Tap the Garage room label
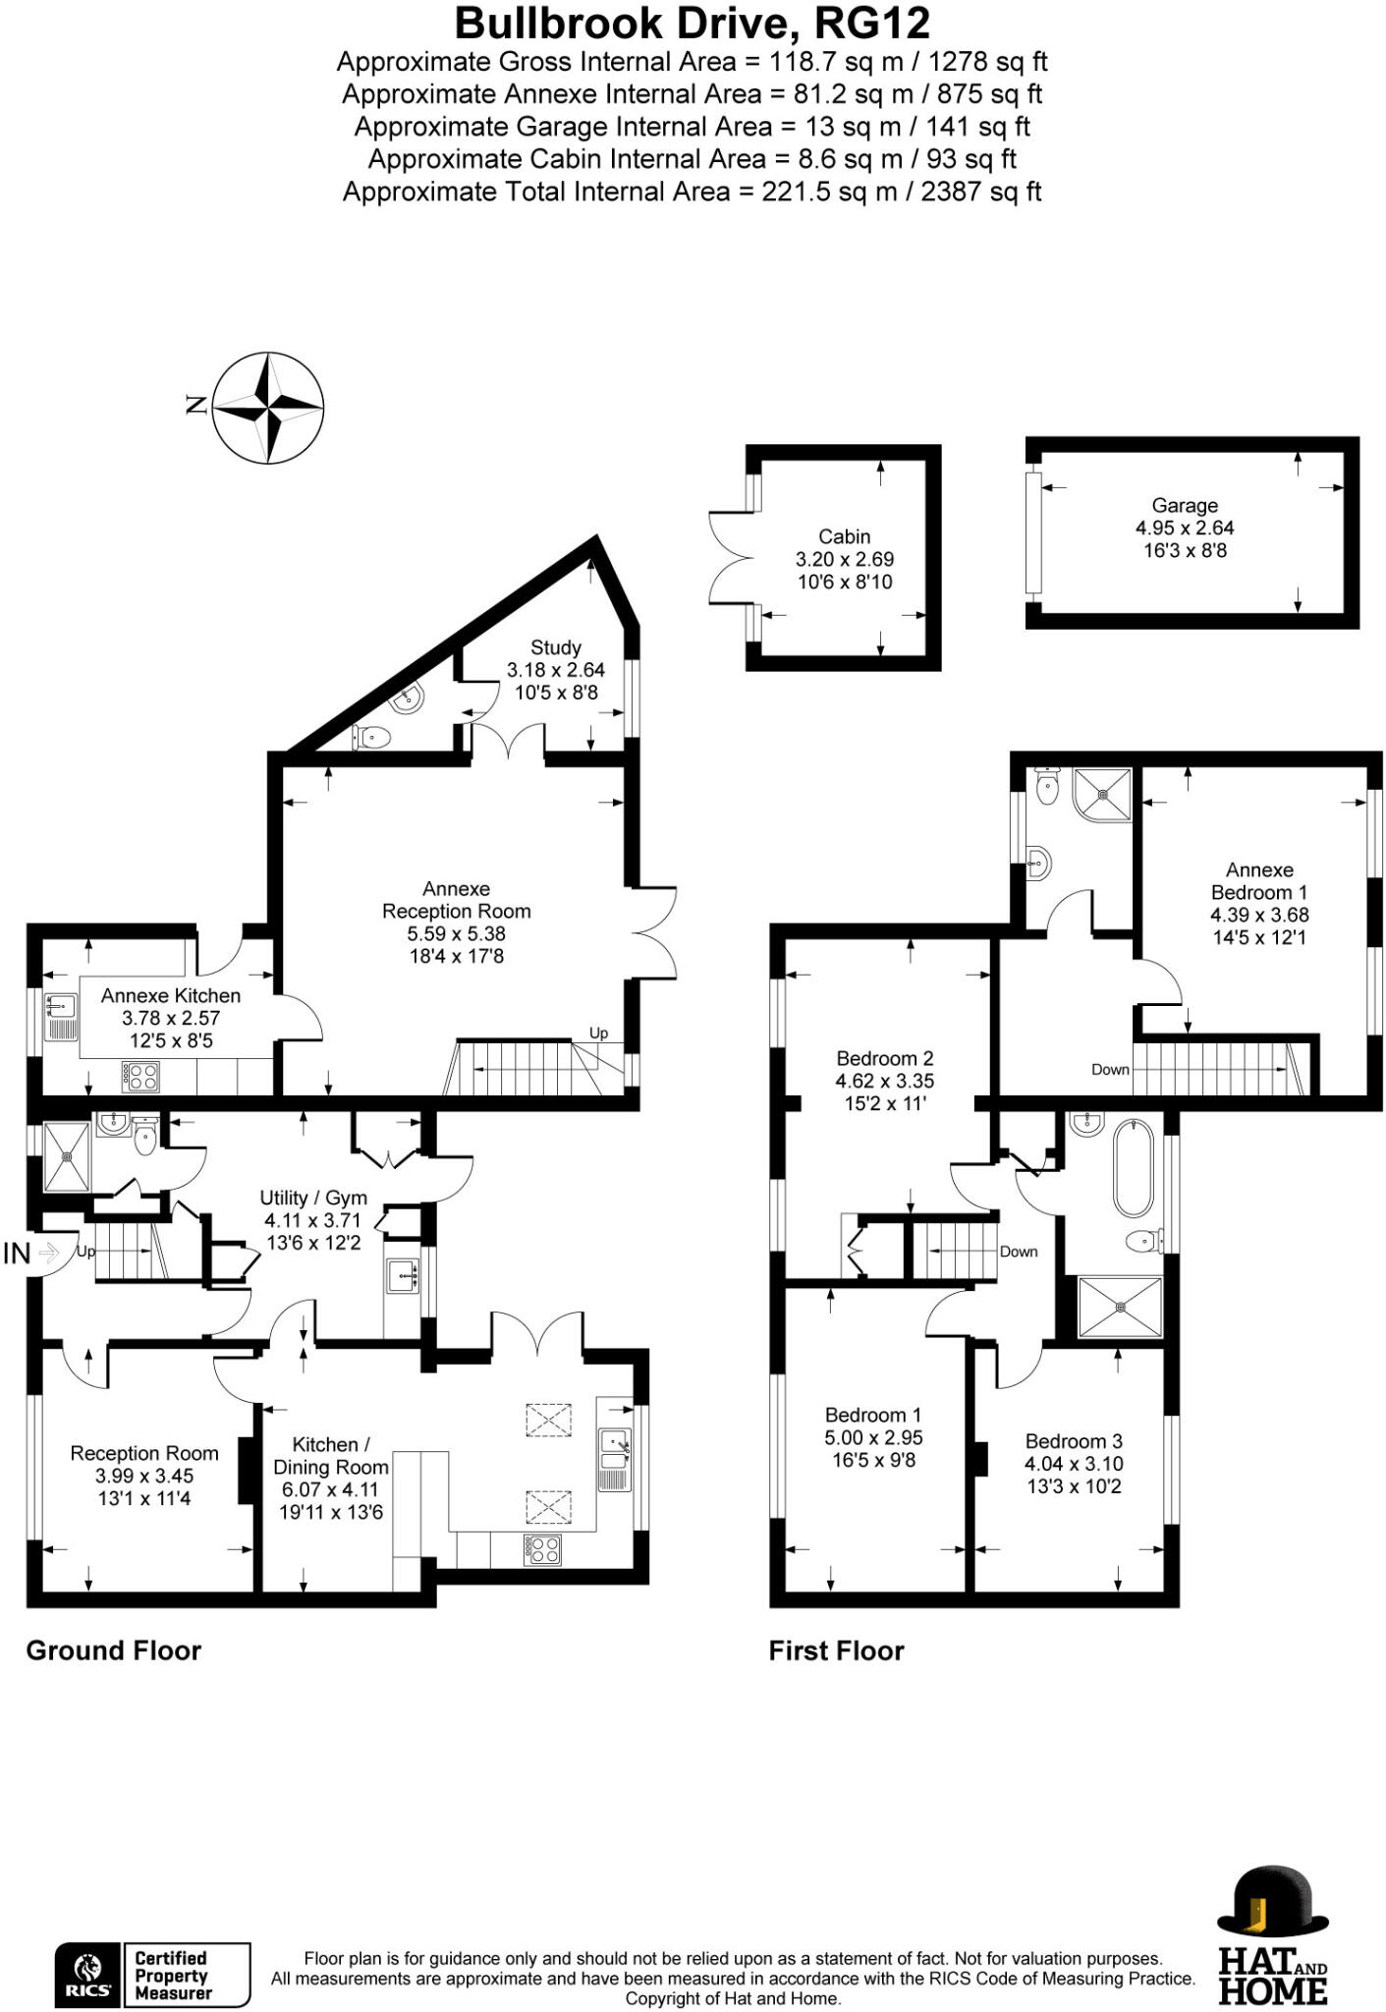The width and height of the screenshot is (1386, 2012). coord(1184,506)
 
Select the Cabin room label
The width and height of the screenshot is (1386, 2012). coord(844,536)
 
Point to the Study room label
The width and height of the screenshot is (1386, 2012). coord(555,647)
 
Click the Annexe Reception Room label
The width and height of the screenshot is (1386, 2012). coord(456,900)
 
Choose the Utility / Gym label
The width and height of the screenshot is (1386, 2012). coord(313,1198)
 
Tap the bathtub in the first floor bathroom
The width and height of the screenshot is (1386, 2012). coord(1135,1168)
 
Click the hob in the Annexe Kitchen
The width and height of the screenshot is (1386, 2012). coord(140,1077)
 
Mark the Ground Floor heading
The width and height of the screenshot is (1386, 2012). coord(113,1650)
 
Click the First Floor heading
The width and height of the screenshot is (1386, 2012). coord(836,1650)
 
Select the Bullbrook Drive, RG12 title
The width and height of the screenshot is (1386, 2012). coord(692,23)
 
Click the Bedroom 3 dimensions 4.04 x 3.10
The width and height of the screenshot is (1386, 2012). coord(1074,1464)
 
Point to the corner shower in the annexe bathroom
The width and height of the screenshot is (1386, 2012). coord(1101,794)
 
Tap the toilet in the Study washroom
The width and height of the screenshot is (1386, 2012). coord(371,737)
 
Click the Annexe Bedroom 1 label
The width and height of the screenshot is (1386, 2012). coord(1258,881)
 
